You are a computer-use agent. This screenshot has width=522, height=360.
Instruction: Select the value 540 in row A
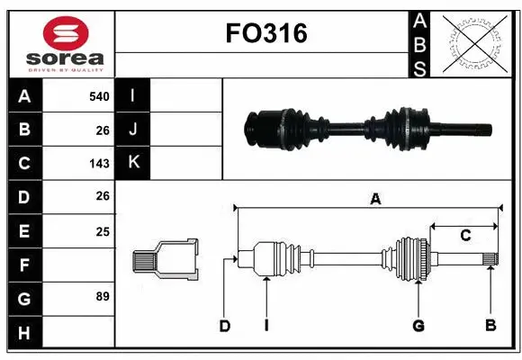(99, 96)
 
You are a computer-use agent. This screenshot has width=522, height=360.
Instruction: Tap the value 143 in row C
(99, 164)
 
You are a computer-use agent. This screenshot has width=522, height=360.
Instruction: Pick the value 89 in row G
(101, 296)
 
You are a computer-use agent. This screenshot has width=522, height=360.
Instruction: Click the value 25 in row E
(102, 231)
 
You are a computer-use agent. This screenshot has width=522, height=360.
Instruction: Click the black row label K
(133, 163)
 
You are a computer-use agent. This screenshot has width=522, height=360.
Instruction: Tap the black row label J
(133, 130)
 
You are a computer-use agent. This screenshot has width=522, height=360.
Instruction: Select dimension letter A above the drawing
(375, 199)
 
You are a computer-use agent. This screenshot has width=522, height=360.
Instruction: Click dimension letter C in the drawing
(464, 236)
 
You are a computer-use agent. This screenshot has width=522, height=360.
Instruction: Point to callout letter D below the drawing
(225, 325)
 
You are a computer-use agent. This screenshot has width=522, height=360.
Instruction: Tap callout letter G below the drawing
(418, 325)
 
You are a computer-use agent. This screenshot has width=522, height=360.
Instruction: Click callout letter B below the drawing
(490, 325)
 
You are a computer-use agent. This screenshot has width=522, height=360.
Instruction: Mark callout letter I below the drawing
(267, 325)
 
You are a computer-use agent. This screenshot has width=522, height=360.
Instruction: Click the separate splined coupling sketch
(166, 260)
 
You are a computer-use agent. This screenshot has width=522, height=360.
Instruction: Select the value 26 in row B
(102, 130)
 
